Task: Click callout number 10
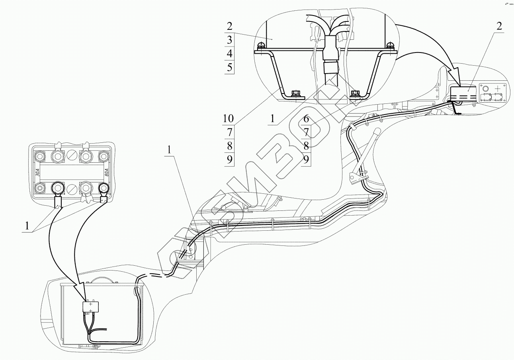229,118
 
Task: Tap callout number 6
306,118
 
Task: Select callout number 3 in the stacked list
229,40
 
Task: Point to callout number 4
229,53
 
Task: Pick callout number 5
229,67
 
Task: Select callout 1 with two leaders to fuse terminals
27,226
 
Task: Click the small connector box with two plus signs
91,307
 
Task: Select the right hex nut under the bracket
355,94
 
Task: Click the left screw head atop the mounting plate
261,45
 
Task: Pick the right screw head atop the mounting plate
390,45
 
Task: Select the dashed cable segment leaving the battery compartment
159,276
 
